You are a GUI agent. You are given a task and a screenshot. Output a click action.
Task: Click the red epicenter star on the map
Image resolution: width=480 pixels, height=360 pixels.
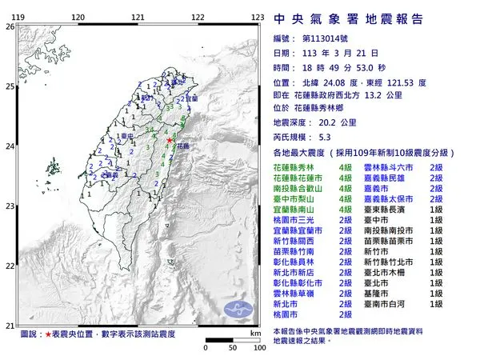tap(169, 141)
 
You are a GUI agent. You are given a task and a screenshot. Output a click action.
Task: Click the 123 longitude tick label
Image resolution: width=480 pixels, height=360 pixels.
tap(258, 16)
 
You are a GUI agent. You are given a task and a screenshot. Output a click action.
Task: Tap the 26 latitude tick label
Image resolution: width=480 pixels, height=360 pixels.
tap(9, 26)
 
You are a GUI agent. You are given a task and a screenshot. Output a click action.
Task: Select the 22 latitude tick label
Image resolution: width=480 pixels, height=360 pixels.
tap(9, 266)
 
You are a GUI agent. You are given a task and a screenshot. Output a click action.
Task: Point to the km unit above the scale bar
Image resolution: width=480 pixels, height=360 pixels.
tap(254, 331)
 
